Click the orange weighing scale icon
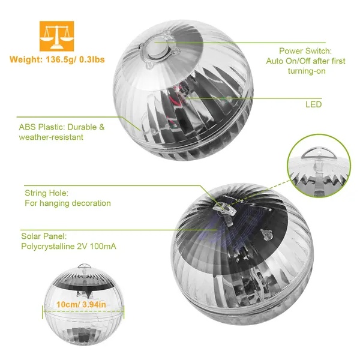56,36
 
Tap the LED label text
313,104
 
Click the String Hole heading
46,193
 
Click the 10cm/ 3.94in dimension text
82,305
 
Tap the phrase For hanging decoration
68,203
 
